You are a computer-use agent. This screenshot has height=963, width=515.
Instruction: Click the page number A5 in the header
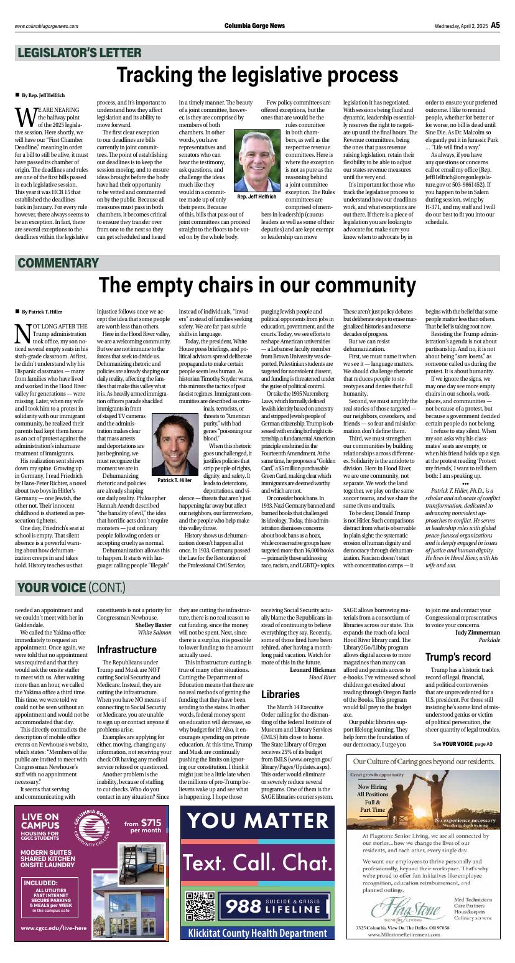pyautogui.click(x=495, y=26)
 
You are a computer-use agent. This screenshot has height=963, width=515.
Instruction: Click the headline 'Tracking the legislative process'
pyautogui.click(x=257, y=76)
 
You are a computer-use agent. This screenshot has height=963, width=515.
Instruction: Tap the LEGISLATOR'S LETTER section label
pyautogui.click(x=79, y=53)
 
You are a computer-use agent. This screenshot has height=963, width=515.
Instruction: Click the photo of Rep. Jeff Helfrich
pyautogui.click(x=256, y=160)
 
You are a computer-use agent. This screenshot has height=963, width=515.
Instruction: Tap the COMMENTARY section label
pyautogui.click(x=58, y=263)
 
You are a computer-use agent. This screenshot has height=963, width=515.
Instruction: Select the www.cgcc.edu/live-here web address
pyautogui.click(x=53, y=928)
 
